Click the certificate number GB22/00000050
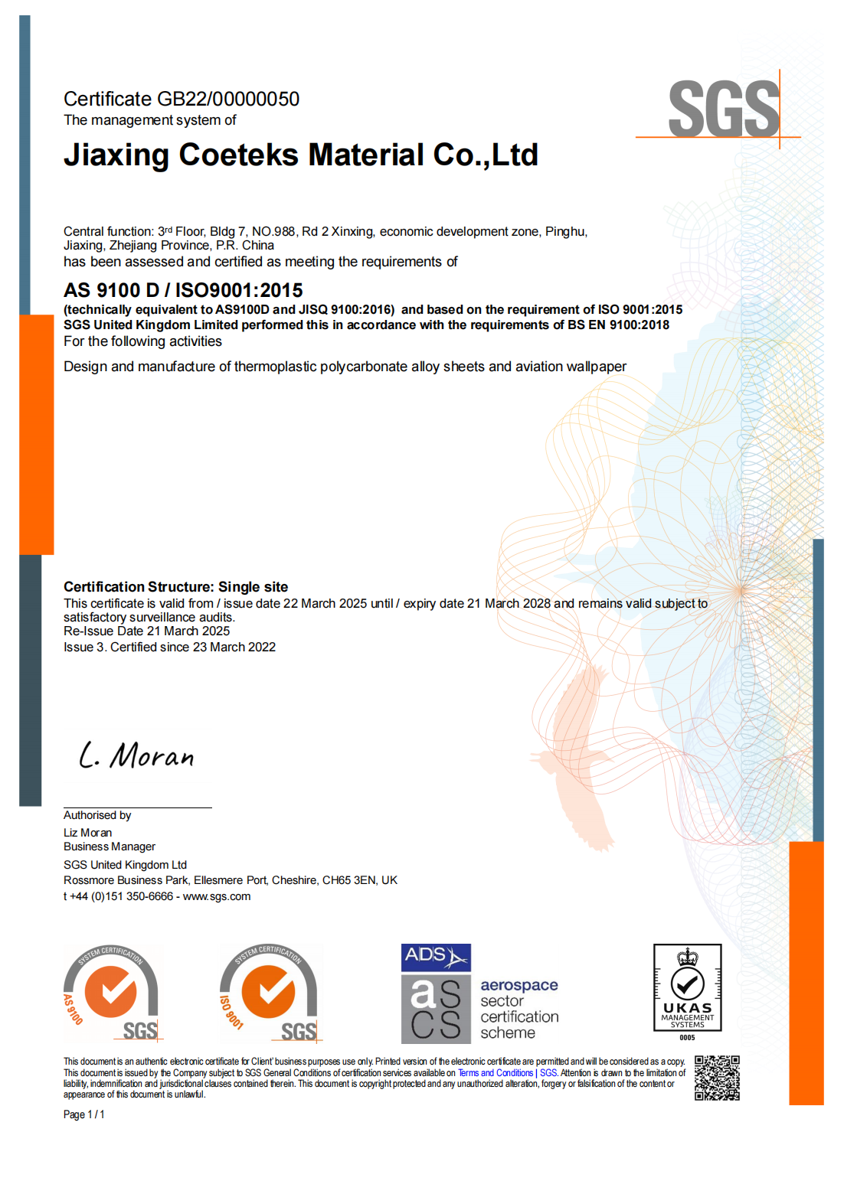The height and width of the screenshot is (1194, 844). tap(227, 99)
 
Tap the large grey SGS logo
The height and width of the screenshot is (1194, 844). tap(724, 109)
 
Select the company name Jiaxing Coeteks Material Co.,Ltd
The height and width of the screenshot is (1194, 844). tap(300, 155)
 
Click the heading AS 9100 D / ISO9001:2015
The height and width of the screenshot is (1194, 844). tap(183, 290)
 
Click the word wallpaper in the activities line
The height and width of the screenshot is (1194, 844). tap(596, 367)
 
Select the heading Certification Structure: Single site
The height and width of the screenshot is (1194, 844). tap(175, 587)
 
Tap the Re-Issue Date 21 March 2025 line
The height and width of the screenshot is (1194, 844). tap(146, 631)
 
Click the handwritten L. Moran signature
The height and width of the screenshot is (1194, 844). tap(136, 755)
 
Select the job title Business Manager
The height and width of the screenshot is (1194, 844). tap(109, 847)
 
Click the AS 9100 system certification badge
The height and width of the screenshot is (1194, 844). tap(112, 993)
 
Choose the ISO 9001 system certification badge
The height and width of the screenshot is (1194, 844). tap(269, 993)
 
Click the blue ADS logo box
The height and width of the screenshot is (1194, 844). tap(436, 957)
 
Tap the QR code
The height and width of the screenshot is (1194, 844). tap(717, 1078)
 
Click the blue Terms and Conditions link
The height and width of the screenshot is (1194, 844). tap(495, 1073)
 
